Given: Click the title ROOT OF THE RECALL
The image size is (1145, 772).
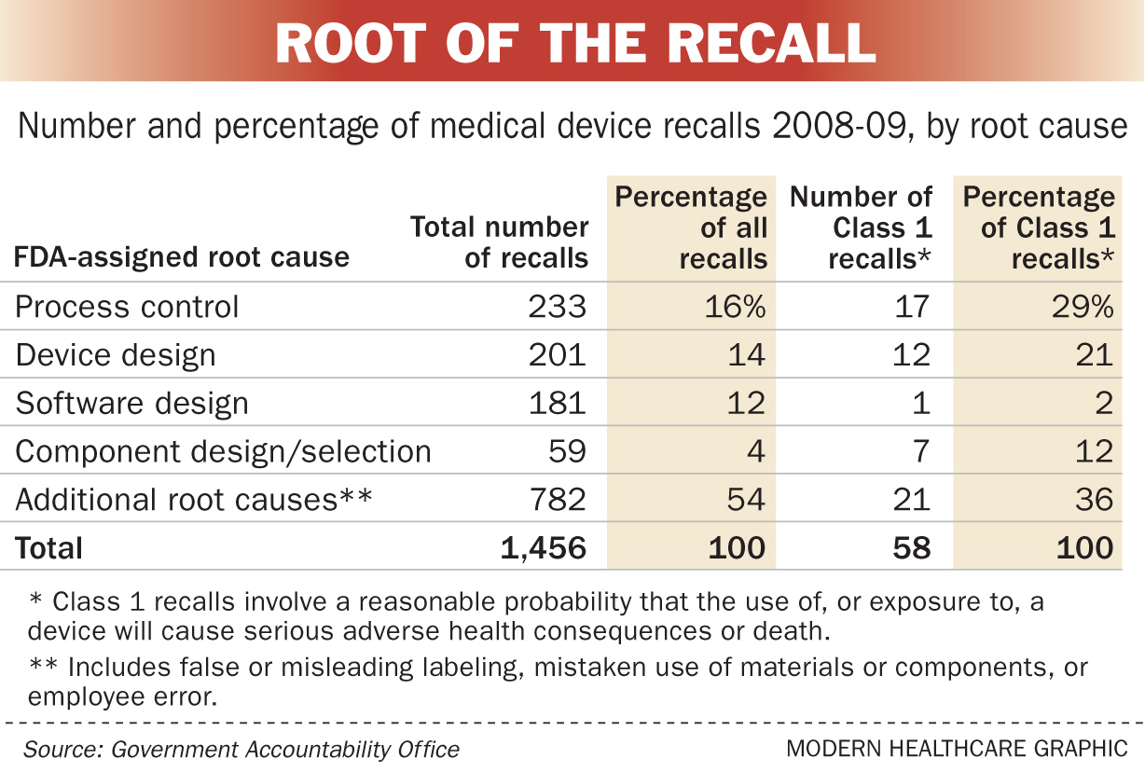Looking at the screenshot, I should [x=575, y=42].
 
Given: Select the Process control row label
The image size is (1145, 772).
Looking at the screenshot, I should [x=128, y=307].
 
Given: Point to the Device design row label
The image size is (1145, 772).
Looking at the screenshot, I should [x=116, y=355].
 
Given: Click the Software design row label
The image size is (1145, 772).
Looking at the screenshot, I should [x=132, y=404].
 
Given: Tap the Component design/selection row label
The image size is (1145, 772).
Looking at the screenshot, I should [x=224, y=452].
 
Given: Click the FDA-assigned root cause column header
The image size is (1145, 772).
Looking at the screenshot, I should [x=183, y=257].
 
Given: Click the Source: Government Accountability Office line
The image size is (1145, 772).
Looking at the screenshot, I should [x=242, y=749].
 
